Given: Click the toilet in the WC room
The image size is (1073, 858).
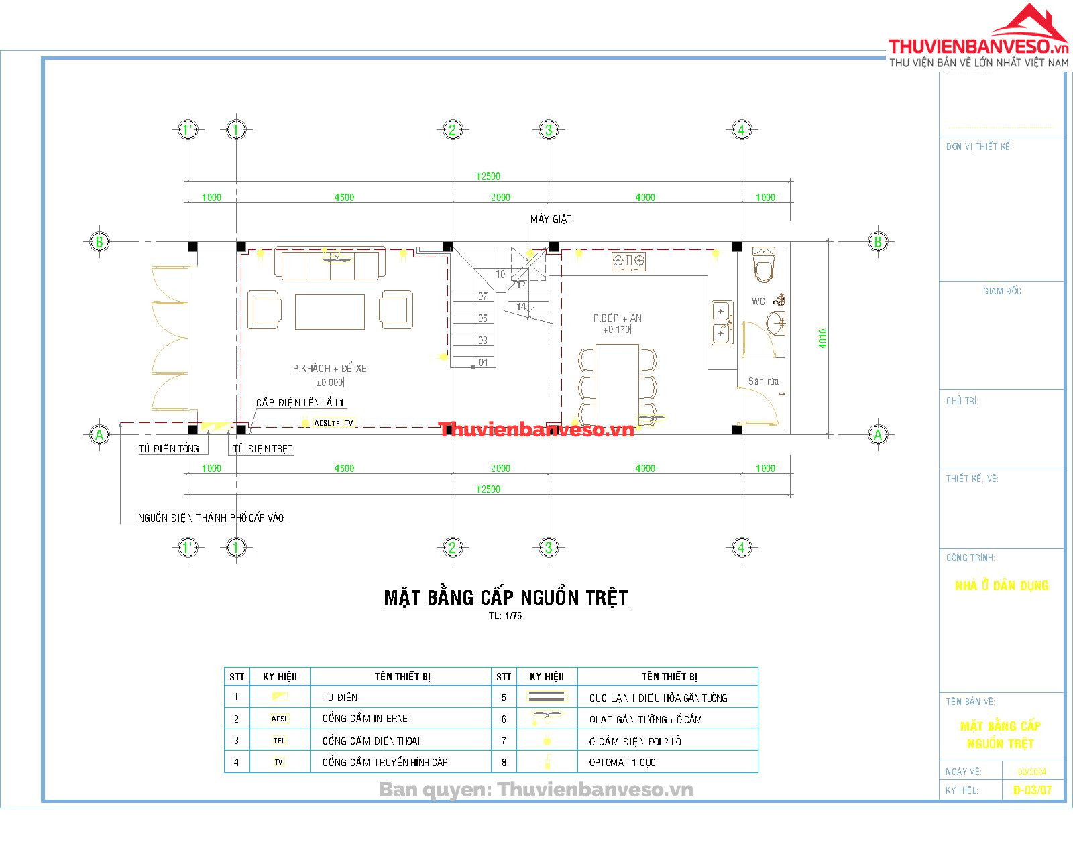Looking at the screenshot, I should [764, 265].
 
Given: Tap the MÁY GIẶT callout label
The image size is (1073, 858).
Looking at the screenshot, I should [551, 219].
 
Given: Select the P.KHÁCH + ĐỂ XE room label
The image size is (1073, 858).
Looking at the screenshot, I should [329, 368].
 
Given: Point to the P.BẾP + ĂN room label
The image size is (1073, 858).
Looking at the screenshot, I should [617, 318].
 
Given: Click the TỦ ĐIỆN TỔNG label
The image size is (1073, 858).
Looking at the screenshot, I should [169, 448].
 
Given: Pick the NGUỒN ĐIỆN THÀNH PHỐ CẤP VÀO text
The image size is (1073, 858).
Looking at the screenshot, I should [211, 517].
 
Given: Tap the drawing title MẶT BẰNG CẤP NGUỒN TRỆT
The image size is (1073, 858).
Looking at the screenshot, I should [506, 597].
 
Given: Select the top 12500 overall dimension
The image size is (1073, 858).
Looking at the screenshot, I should [488, 176].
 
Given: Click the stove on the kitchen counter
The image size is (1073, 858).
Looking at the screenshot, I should [628, 261].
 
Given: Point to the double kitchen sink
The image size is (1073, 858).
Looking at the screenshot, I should [722, 322].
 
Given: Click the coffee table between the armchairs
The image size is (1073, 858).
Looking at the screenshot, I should [330, 312].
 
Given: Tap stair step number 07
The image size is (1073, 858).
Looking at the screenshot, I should [483, 296].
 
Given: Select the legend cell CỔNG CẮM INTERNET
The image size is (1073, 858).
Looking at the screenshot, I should [368, 718].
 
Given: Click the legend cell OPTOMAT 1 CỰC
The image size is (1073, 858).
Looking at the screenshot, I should [622, 762].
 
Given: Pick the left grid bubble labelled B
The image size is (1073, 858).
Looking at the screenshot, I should [99, 241].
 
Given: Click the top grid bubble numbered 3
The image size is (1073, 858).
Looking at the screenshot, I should [549, 129].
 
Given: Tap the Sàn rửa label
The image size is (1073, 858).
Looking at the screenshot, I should [763, 381].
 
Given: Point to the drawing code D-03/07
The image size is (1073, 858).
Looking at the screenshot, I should [1032, 790].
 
